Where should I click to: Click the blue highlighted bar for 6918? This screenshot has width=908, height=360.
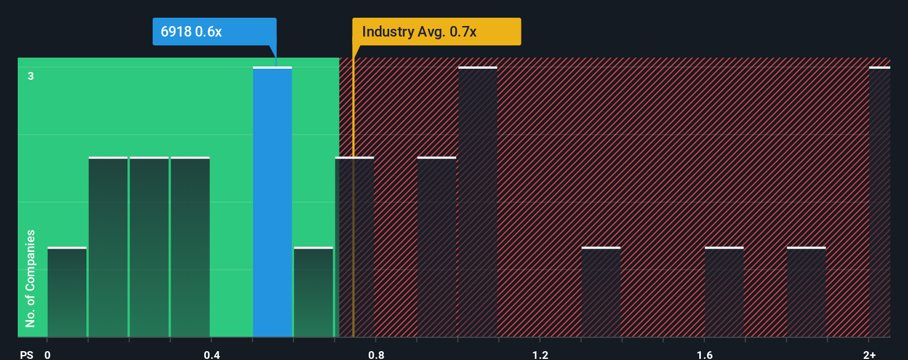point(272,202)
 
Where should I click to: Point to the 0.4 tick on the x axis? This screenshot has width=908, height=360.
point(211,354)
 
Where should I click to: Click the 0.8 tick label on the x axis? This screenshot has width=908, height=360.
point(376,354)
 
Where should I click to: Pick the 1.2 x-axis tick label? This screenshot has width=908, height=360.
point(540,354)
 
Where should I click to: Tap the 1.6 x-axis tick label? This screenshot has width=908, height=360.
point(704,354)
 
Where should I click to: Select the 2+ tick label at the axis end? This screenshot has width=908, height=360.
point(869,354)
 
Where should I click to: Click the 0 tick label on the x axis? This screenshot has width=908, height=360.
point(48,354)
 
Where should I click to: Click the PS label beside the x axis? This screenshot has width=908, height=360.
point(27,354)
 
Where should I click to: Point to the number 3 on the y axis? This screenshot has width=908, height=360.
point(31,76)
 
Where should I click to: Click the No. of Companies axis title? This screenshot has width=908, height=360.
point(30,278)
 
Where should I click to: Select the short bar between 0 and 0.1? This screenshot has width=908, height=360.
point(67,292)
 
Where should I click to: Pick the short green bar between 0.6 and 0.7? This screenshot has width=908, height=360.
point(313,292)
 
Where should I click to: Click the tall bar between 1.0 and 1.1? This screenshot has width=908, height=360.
point(478,202)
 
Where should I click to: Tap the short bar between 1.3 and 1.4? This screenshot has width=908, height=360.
point(601,292)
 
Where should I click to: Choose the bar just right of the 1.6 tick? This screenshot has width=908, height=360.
point(724,292)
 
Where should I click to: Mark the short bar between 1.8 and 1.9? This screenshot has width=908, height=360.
point(806,292)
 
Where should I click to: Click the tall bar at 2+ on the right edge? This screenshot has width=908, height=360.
point(880,202)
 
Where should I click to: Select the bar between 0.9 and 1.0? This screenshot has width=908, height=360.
point(437,247)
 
